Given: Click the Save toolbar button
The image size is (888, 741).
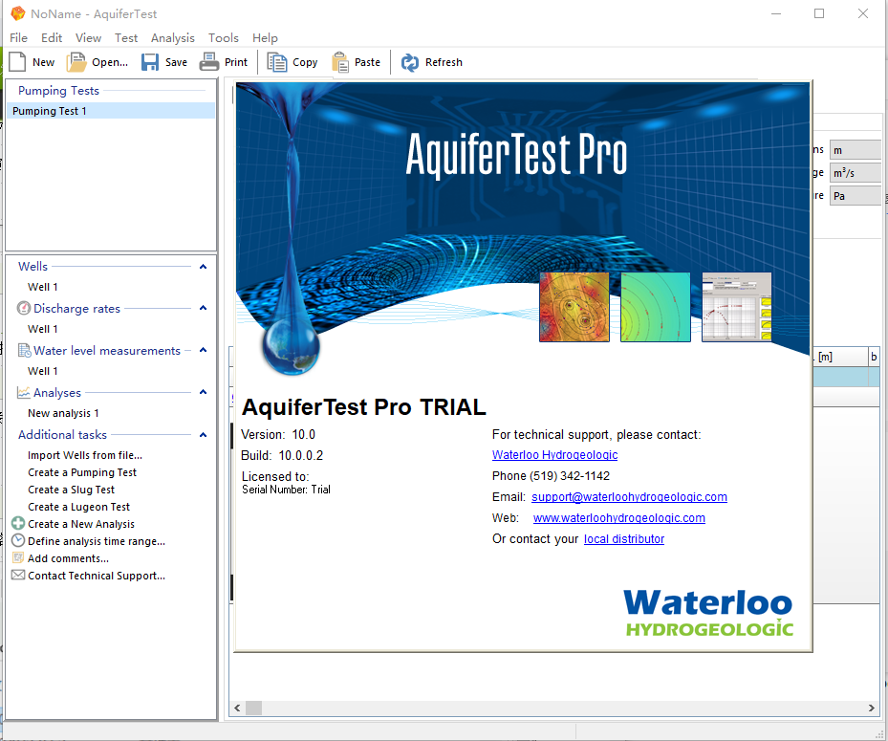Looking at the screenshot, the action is [163, 62].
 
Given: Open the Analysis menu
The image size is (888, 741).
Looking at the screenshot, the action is [173, 38].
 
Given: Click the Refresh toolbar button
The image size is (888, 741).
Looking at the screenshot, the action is [431, 62].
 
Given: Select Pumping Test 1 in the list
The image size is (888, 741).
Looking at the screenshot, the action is [50, 111].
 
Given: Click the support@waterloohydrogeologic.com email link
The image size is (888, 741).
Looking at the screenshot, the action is [629, 497].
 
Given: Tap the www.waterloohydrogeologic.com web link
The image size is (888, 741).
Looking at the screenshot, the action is [619, 518].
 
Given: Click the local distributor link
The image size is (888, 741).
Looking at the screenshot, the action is [624, 538].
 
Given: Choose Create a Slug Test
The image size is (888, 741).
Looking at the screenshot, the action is [72, 490].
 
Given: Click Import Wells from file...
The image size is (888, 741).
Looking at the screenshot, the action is [85, 455].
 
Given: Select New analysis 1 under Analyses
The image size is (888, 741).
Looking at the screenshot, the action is [63, 413].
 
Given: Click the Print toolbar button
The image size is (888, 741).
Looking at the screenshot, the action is [224, 62].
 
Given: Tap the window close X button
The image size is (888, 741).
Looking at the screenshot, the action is [862, 13].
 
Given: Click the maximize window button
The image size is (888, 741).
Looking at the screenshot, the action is [819, 13].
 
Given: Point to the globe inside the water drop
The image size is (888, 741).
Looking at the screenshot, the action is [291, 345].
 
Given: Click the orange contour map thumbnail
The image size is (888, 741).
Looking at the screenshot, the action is [574, 307].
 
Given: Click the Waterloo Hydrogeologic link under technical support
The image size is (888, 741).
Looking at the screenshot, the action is [555, 455].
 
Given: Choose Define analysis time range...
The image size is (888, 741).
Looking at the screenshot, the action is [97, 541].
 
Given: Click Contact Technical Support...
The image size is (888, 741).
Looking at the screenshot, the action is [97, 576].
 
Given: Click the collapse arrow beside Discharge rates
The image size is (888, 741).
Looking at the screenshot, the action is [203, 308].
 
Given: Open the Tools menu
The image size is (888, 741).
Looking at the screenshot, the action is [223, 38].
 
